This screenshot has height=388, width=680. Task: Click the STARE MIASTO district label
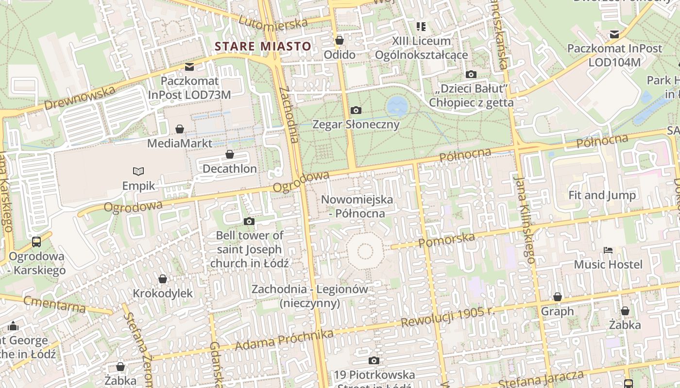pyautogui.click(x=263, y=47)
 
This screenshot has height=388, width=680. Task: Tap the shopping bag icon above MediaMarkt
pyautogui.click(x=180, y=129)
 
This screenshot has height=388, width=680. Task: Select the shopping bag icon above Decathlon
pyautogui.click(x=230, y=155)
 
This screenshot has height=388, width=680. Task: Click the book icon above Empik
pyautogui.click(x=138, y=171)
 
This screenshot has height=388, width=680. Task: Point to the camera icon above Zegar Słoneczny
pyautogui.click(x=356, y=111)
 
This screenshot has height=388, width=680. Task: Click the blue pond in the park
pyautogui.click(x=397, y=105)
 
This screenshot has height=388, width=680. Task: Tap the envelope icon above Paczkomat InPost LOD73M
pyautogui.click(x=189, y=66)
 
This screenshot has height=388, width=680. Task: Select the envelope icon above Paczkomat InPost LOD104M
pyautogui.click(x=614, y=34)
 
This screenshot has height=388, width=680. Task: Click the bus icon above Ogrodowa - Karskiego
pyautogui.click(x=36, y=242)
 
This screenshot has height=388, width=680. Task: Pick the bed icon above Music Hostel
pyautogui.click(x=608, y=250)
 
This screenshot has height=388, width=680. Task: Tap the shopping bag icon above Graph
pyautogui.click(x=558, y=297)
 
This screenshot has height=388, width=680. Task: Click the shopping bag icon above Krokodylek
pyautogui.click(x=163, y=279)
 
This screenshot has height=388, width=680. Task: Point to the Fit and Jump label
pyautogui.click(x=602, y=195)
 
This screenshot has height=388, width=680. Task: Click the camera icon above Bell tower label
pyautogui.click(x=249, y=222)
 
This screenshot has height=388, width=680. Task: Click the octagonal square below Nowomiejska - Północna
pyautogui.click(x=365, y=251)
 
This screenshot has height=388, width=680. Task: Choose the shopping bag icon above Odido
pyautogui.click(x=340, y=40)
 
